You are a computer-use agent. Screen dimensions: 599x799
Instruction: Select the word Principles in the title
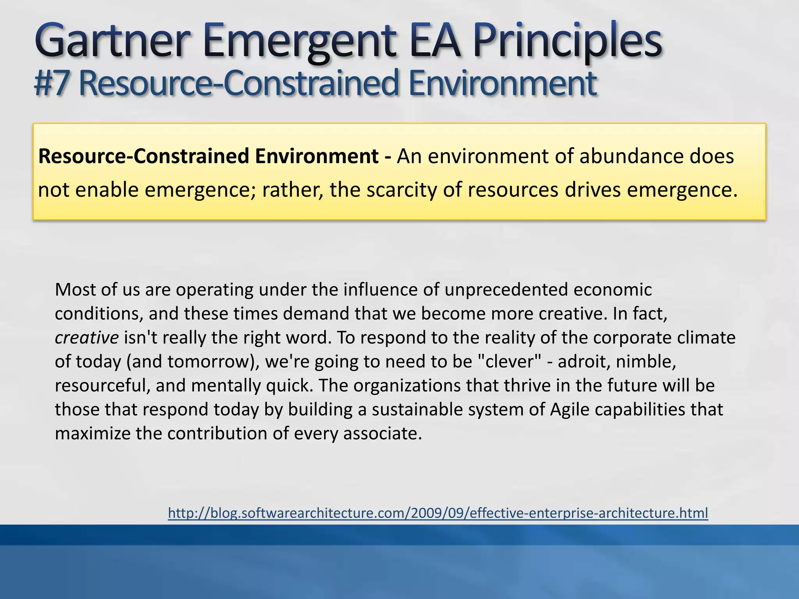pyautogui.click(x=568, y=41)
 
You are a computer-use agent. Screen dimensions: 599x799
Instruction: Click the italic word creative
pyautogui.click(x=87, y=338)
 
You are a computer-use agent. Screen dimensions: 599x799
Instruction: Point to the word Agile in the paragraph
pyautogui.click(x=570, y=409)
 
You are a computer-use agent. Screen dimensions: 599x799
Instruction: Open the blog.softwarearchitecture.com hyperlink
pyautogui.click(x=438, y=513)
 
